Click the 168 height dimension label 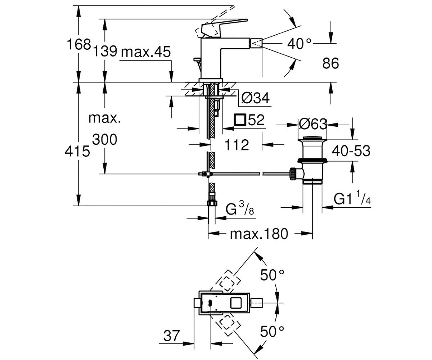(x=78, y=44)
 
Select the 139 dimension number (x=105, y=51)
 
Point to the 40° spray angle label (x=299, y=44)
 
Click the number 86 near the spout (x=330, y=63)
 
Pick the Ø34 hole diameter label (x=256, y=98)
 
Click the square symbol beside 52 (x=240, y=120)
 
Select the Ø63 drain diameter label (x=313, y=124)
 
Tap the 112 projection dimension (x=237, y=145)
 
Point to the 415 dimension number (x=77, y=151)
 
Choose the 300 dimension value (x=105, y=139)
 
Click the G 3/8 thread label (x=240, y=208)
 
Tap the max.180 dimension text (x=259, y=234)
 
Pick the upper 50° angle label (x=272, y=275)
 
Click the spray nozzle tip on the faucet (x=257, y=44)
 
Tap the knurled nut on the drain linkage (x=293, y=174)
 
